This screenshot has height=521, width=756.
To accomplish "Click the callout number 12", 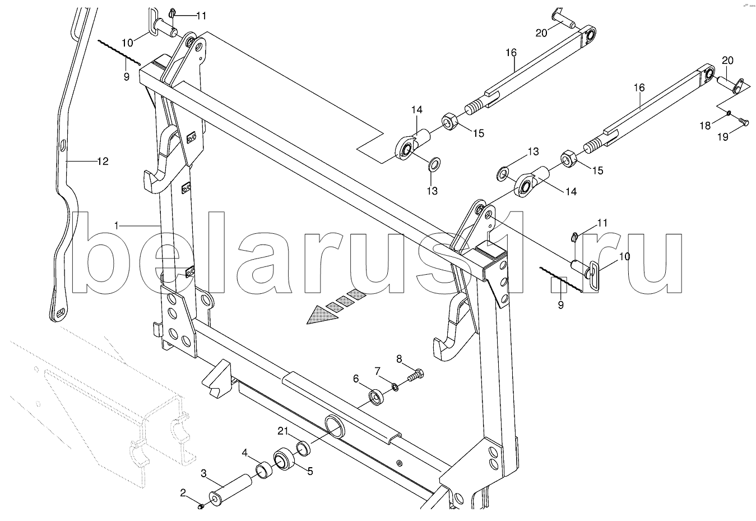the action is (103, 162).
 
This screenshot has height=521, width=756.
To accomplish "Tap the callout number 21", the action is (283, 431).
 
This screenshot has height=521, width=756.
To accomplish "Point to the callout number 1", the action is (117, 225).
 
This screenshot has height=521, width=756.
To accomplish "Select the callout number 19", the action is (722, 137).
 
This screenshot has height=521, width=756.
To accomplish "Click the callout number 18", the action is (704, 126).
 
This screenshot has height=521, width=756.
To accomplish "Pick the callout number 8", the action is (399, 359).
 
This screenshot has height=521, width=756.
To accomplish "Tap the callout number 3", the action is (203, 474).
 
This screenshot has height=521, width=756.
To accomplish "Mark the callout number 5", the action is (310, 471).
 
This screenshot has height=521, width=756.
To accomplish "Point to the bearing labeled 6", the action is (376, 398).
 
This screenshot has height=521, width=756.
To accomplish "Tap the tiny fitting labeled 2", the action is (200, 506).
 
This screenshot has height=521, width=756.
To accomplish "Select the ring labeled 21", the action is (303, 448).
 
